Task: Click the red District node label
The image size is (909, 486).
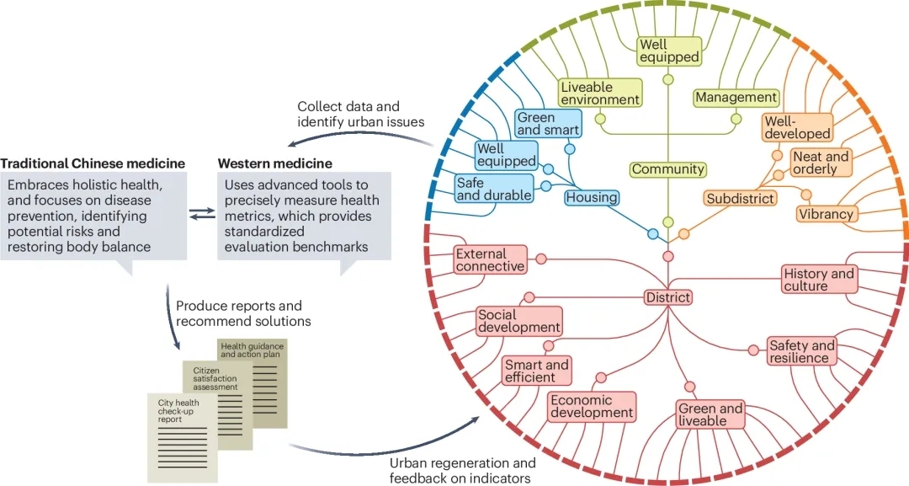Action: [668, 297]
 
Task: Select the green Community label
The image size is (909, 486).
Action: [668, 169]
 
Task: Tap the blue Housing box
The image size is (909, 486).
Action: [591, 198]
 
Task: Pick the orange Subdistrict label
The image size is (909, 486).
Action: [740, 199]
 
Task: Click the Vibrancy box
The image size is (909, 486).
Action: [826, 214]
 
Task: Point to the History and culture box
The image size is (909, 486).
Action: [818, 280]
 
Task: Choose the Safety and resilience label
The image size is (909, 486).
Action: [801, 351]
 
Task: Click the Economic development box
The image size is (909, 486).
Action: [592, 406]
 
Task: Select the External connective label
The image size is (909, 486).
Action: [490, 259]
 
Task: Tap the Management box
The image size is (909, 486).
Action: [736, 98]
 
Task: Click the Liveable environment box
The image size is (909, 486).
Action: [600, 93]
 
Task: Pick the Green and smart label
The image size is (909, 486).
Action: [548, 124]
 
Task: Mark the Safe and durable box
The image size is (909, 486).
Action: [494, 189]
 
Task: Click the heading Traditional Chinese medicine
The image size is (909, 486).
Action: [93, 163]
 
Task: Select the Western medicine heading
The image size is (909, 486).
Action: [274, 163]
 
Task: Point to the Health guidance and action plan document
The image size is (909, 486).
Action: [253, 362]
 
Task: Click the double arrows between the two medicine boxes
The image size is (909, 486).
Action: [201, 214]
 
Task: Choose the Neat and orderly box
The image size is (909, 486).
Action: [821, 163]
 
